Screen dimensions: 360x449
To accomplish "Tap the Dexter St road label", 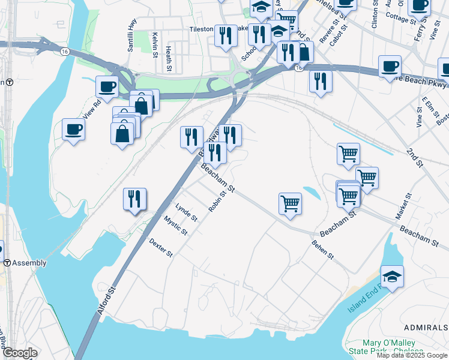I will pos(161,248).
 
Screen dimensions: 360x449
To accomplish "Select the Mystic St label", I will pos(176,226).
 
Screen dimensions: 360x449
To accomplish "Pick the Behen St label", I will pos(322,250).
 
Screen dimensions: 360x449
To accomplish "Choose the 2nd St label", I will pos(415,157).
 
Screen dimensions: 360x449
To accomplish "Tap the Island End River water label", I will pos(365,300).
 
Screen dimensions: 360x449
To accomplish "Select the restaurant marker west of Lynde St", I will pos(134,200).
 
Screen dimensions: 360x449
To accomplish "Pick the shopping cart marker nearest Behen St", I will pos(290,203).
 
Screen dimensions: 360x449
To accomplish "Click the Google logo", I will pos(19,353).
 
